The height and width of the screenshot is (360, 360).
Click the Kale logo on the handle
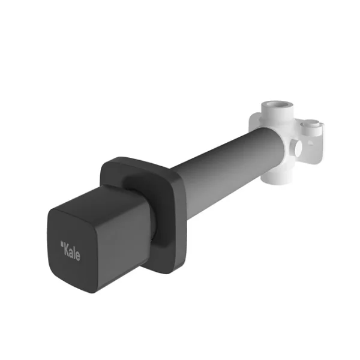70,251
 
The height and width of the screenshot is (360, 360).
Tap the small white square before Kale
61,244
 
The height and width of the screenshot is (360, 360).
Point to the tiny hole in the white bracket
310,143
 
